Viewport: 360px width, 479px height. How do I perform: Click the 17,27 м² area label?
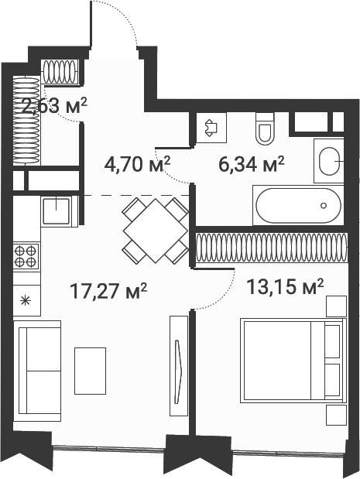[108, 291]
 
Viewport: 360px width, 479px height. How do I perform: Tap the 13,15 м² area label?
[285, 287]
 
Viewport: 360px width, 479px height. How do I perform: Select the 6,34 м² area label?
[252, 164]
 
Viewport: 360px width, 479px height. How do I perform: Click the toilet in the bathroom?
[264, 128]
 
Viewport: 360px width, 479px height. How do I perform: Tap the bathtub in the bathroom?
[298, 205]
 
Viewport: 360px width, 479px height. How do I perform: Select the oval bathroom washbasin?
[330, 161]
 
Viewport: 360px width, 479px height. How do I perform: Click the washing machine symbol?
[211, 128]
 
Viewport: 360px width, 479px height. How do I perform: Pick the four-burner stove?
[26, 256]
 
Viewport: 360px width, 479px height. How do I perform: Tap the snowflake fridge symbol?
[26, 301]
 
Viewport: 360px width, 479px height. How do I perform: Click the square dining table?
[156, 231]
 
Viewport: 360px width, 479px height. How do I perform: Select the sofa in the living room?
[37, 371]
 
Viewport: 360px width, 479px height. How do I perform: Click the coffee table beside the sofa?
[90, 371]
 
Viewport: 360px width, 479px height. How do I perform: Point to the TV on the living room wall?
[179, 371]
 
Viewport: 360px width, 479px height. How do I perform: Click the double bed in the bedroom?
[293, 361]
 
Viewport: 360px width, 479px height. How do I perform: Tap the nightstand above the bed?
[337, 306]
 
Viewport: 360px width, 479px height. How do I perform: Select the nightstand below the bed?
[337, 415]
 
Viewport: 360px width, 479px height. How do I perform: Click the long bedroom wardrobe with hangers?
[272, 248]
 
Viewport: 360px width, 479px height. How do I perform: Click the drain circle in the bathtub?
[324, 206]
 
